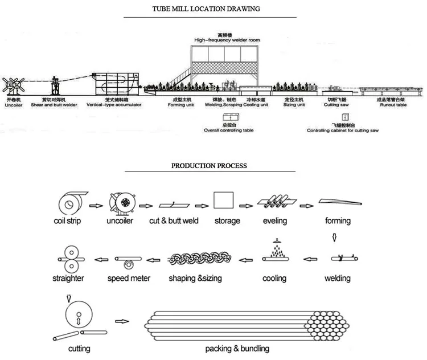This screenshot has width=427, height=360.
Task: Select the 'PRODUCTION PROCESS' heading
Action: pyautogui.click(x=210, y=166)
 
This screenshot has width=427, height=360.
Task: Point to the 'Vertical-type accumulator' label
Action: pyautogui.click(x=114, y=105)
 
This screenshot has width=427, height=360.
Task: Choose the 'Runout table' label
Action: pyautogui.click(x=392, y=105)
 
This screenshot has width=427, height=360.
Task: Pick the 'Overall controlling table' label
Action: pyautogui.click(x=229, y=130)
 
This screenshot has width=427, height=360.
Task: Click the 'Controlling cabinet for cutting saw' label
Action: pyautogui.click(x=343, y=130)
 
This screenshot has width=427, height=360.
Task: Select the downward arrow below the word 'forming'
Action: pyautogui.click(x=336, y=236)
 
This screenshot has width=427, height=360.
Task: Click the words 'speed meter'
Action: pyautogui.click(x=129, y=279)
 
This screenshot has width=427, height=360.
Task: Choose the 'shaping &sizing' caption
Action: pyautogui.click(x=195, y=279)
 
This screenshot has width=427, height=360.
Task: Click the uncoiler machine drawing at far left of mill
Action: pyautogui.click(x=12, y=86)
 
